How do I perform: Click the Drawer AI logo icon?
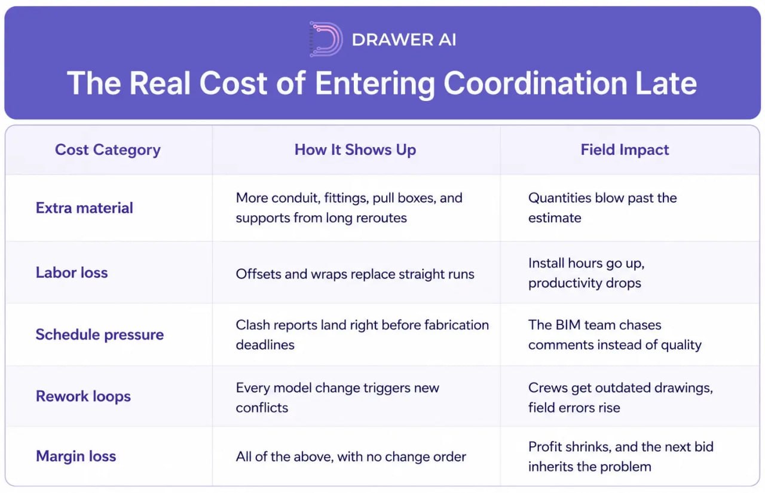click(x=326, y=39)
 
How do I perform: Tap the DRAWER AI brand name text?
click(x=403, y=39)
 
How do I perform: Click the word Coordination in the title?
click(x=535, y=83)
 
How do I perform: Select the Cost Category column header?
click(x=108, y=150)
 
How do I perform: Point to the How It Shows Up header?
click(x=355, y=150)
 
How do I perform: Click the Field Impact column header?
click(x=625, y=150)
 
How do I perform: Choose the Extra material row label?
click(x=84, y=208)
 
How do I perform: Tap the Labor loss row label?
click(x=72, y=272)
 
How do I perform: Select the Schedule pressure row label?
click(x=100, y=335)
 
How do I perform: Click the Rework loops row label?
click(x=83, y=396)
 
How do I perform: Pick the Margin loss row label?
click(x=76, y=456)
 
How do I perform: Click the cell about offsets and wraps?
click(x=355, y=274)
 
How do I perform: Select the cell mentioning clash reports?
click(x=362, y=335)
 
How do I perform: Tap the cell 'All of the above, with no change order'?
click(x=351, y=457)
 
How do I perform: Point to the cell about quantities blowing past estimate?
click(x=602, y=208)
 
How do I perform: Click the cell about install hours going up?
click(x=586, y=273)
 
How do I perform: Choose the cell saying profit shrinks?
click(x=621, y=457)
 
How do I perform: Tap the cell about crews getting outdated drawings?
click(x=620, y=398)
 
